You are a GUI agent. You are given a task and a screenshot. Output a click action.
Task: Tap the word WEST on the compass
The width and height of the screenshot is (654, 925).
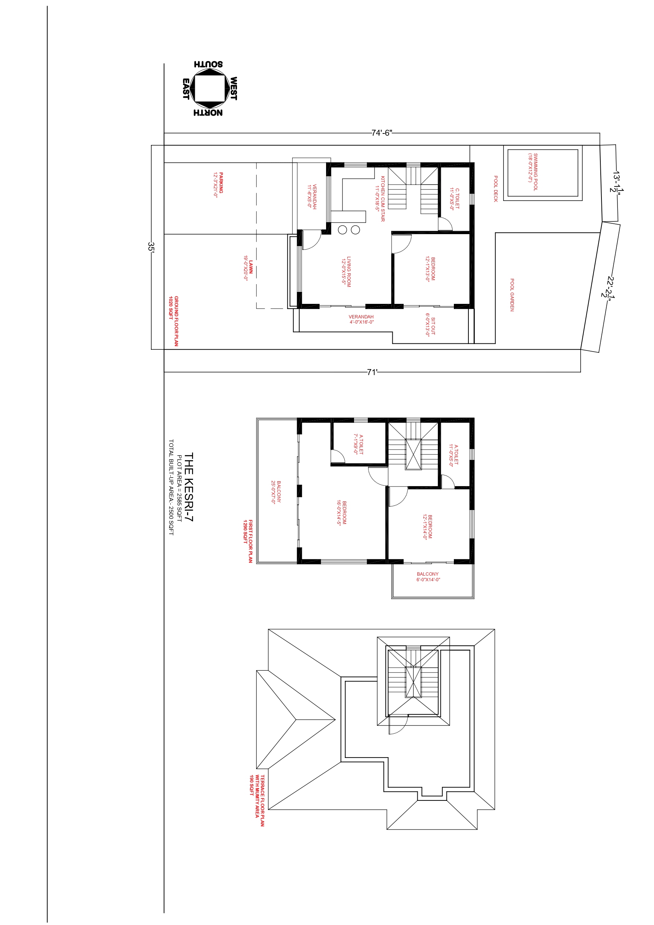pyautogui.click(x=234, y=89)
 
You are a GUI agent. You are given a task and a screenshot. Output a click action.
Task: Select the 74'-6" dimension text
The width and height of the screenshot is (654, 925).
pyautogui.click(x=381, y=133)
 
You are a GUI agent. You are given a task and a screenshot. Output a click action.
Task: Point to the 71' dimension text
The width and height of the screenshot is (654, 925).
pyautogui.click(x=372, y=372)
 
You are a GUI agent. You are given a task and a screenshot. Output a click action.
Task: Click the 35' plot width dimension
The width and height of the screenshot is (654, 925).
pyautogui.click(x=151, y=247)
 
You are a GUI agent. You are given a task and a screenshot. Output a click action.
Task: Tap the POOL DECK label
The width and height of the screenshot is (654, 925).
pyautogui.click(x=496, y=189)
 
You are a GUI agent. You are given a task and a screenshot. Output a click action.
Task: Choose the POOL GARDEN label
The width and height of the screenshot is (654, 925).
pyautogui.click(x=512, y=295)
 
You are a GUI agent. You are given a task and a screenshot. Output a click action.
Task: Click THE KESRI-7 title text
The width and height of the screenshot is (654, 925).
pyautogui.click(x=189, y=487)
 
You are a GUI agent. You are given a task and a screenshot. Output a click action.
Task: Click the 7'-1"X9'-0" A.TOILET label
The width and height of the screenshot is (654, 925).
pyautogui.click(x=358, y=444)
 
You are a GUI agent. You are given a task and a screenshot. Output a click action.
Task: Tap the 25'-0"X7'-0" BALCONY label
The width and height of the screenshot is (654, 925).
pyautogui.click(x=276, y=492)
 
